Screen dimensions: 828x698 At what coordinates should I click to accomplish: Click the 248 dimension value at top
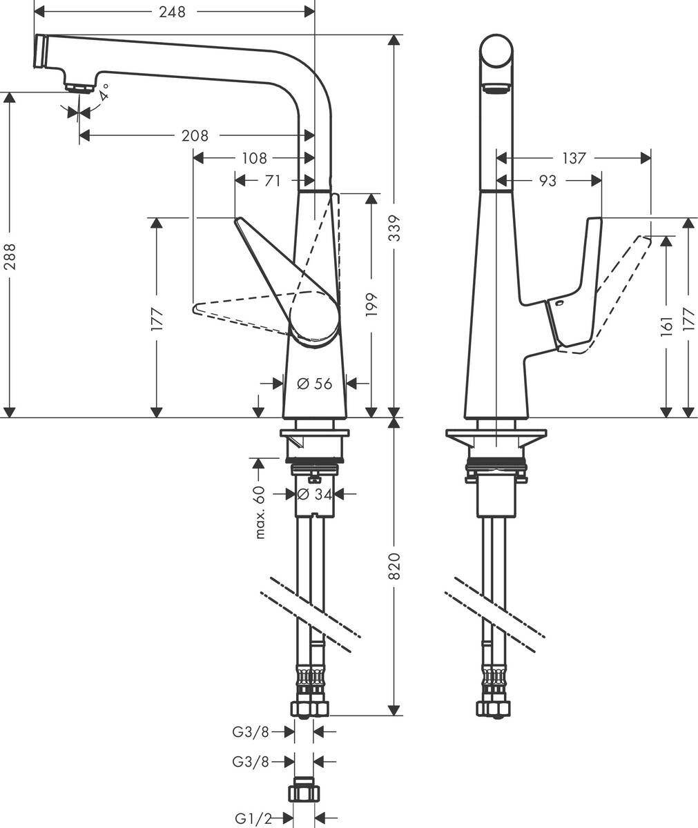(x=172, y=12)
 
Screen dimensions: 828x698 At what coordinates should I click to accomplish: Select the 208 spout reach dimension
(x=195, y=136)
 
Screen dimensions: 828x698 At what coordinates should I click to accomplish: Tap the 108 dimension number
(x=254, y=159)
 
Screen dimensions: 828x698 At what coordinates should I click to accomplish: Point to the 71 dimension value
(x=273, y=181)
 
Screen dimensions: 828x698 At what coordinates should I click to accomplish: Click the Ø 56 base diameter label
(x=315, y=384)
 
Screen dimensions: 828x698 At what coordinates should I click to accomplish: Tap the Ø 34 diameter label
(x=315, y=494)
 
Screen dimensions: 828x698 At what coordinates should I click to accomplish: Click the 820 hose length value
(x=394, y=565)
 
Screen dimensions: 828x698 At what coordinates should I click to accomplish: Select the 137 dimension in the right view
(x=573, y=159)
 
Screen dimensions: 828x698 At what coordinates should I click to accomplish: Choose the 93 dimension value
(x=547, y=181)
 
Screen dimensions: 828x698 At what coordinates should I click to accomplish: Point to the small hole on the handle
(x=559, y=304)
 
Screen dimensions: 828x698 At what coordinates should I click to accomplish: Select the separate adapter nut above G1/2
(x=304, y=790)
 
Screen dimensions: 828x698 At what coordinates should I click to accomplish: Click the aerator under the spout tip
(x=80, y=88)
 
